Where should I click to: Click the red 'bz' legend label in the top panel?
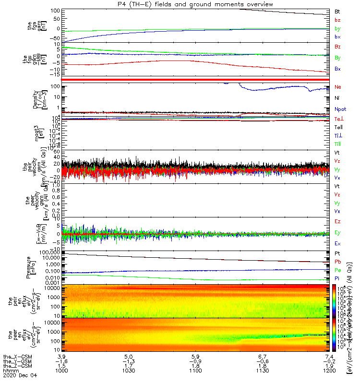click(337, 20)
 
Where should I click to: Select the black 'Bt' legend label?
click(337, 11)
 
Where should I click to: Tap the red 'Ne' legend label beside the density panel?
click(338, 87)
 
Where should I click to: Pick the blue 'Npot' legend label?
click(340, 109)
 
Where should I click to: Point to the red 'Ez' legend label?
click(338, 222)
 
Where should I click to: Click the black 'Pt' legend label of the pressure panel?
click(337, 252)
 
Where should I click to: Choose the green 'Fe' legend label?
click(337, 271)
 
